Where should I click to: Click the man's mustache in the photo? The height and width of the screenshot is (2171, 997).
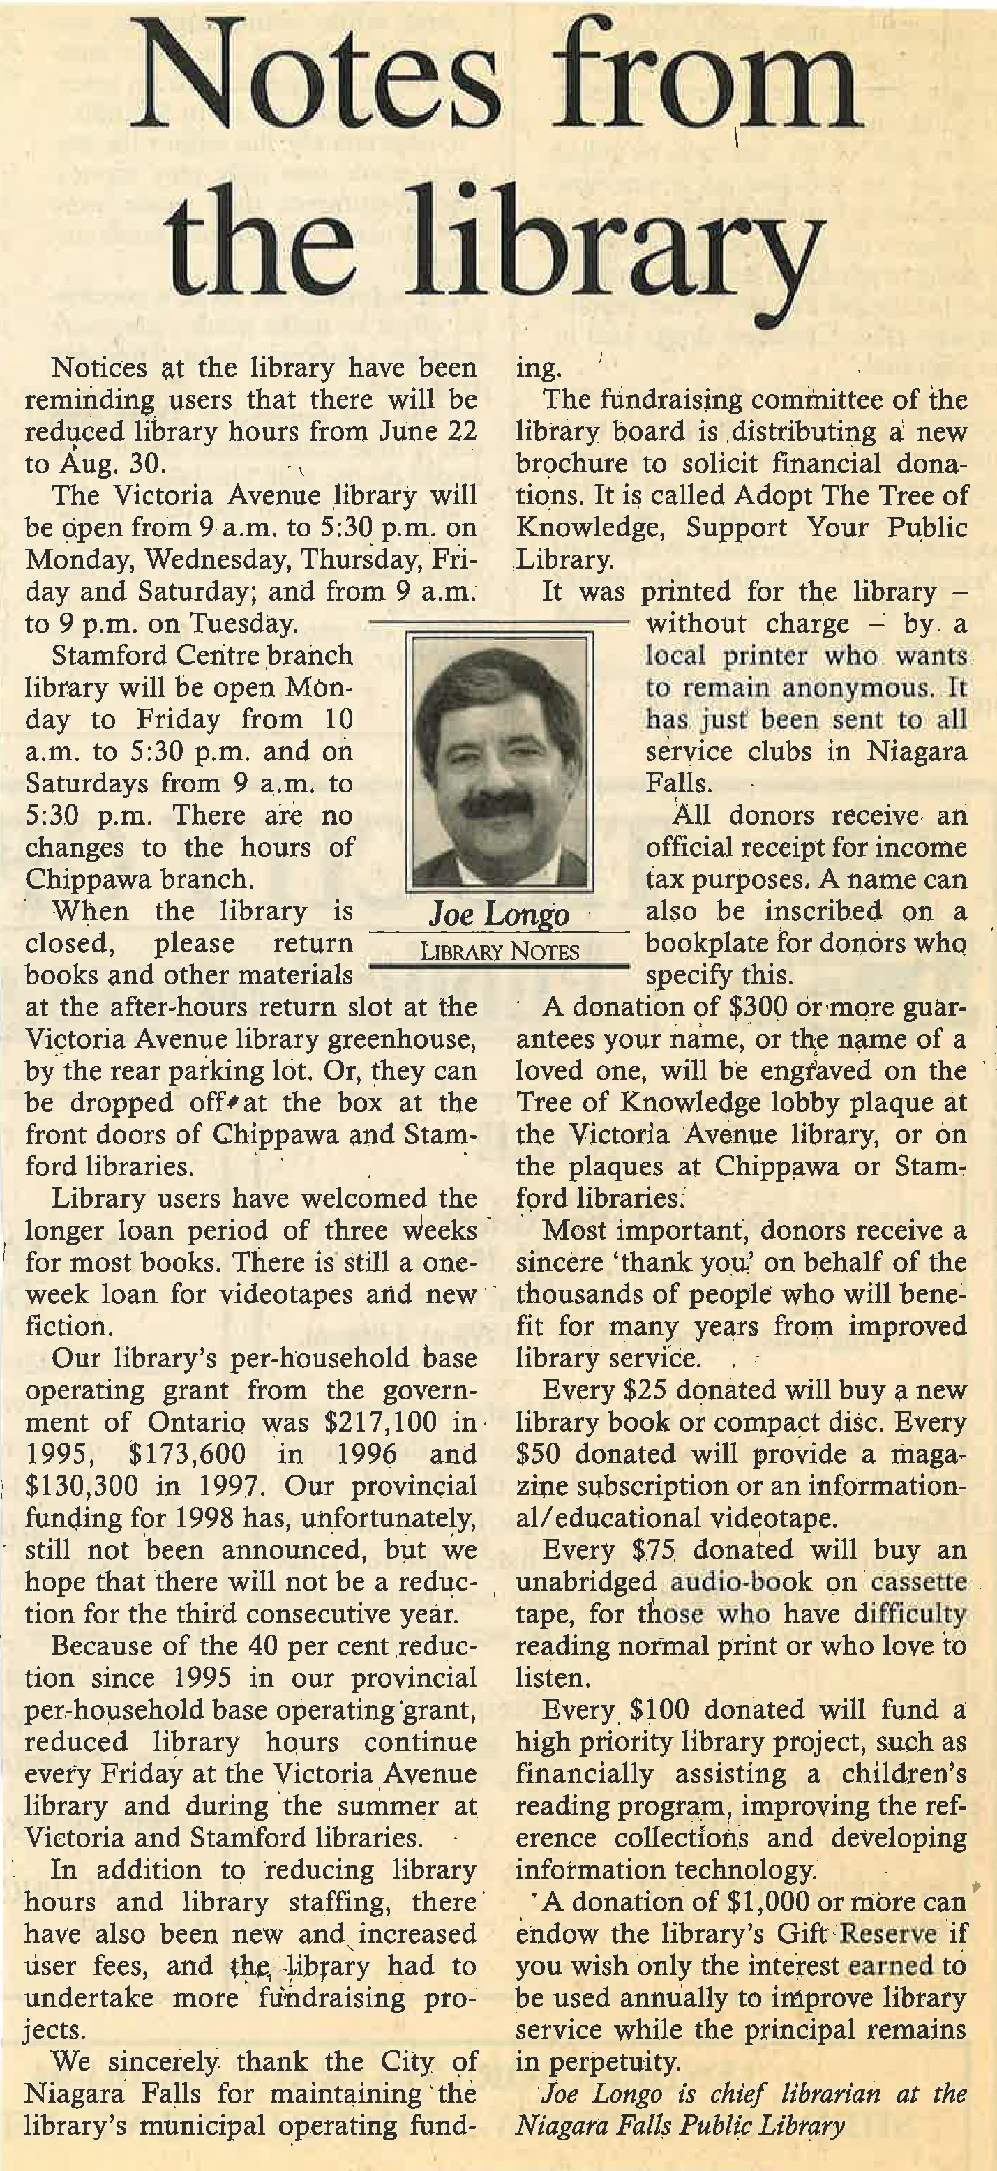tap(496, 802)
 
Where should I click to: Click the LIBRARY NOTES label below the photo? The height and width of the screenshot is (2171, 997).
tap(500, 952)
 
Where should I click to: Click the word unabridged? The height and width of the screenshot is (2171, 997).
tap(586, 1583)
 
